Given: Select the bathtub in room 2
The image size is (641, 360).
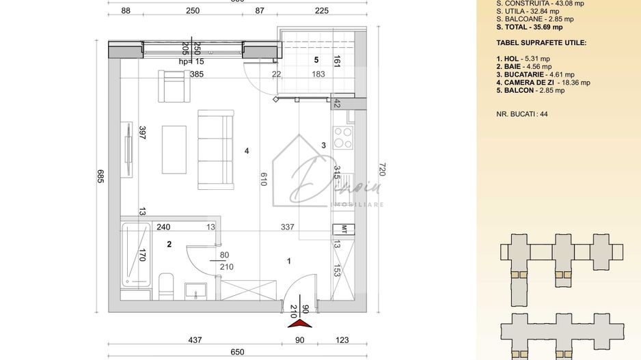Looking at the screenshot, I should coord(133,253).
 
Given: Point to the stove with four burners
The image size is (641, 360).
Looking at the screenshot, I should coord(342,138).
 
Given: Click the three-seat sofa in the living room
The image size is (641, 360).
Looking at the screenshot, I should coord(216,149).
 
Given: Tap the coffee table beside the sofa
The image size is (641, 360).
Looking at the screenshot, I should coord(174,150).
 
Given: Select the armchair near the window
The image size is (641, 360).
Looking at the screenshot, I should coord(172,85).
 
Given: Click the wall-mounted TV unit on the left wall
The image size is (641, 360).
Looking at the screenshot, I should coord(126,150).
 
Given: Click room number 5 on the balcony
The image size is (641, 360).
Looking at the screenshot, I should coord(316,59).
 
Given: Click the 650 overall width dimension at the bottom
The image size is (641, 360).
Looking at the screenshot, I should coord(236,352).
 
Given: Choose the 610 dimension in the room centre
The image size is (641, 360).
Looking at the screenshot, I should coord(264,179).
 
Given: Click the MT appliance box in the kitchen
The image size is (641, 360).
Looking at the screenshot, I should coord(344,229).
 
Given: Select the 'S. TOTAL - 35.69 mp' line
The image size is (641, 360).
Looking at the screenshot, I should coord(530,27).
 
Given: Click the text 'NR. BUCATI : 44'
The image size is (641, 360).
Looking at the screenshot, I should coord(522,114).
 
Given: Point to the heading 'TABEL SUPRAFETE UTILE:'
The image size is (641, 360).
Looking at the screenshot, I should coord(541,42).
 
